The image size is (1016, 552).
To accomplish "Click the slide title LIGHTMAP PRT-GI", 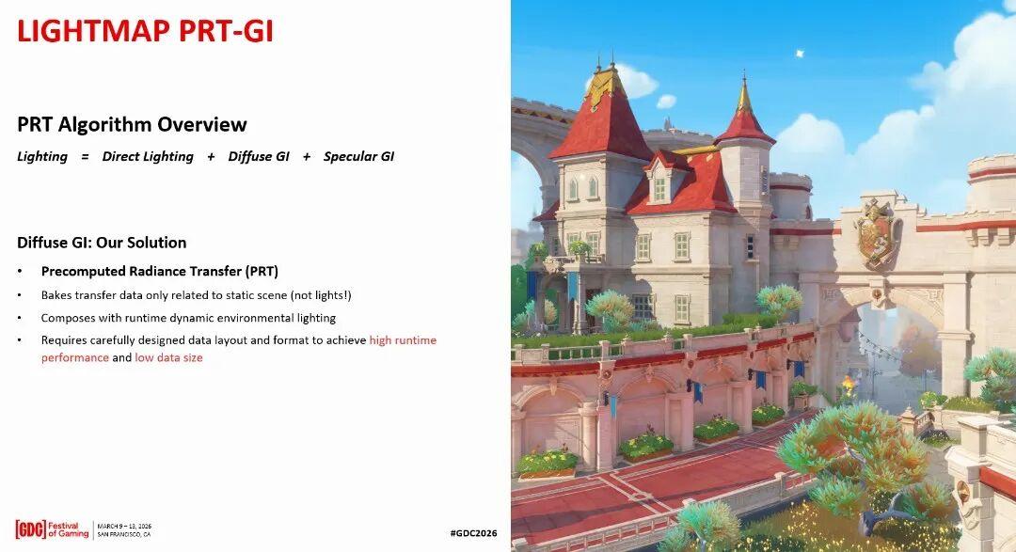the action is (x=145, y=31).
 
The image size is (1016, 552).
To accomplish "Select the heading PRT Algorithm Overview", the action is (x=133, y=124).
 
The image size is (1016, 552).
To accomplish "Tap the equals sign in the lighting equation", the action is (x=85, y=157).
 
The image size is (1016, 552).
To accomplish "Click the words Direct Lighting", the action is (x=148, y=157).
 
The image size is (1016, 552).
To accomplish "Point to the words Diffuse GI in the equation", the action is (x=259, y=157).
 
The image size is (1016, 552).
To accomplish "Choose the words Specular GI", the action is (x=359, y=157).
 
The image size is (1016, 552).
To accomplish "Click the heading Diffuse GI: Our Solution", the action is (x=102, y=243).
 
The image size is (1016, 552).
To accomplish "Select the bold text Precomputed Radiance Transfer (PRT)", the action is (x=160, y=272).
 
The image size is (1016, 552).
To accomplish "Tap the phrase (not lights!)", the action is (x=321, y=295).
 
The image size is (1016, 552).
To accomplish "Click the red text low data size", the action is (x=168, y=357).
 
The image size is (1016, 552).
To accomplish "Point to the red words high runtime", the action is (x=403, y=340).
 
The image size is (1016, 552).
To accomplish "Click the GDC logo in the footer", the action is (x=30, y=529).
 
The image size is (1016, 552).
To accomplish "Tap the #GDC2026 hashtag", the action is (x=473, y=533).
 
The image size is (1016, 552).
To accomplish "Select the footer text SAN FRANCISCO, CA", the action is (x=124, y=535).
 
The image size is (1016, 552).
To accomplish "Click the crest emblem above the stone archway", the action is (x=876, y=233).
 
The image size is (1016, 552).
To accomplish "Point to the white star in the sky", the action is (x=801, y=53).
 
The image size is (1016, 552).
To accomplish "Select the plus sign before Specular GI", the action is (x=307, y=157).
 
